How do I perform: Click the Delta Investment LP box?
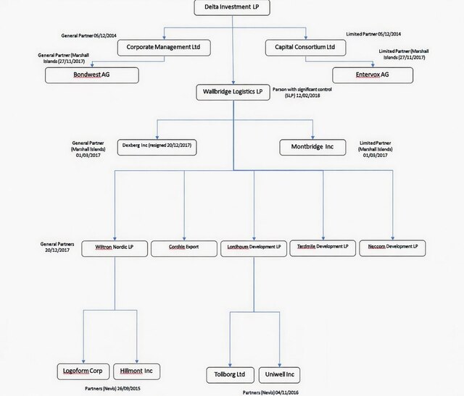pyautogui.click(x=232, y=7)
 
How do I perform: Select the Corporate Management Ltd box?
pyautogui.click(x=164, y=48)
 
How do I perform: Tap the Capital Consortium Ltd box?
pyautogui.click(x=305, y=48)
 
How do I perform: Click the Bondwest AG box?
pyautogui.click(x=92, y=75)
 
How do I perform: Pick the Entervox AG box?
pyautogui.click(x=373, y=75)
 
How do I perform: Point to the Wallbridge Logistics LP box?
pyautogui.click(x=233, y=92)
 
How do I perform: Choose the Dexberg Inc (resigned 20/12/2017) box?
pyautogui.click(x=157, y=147)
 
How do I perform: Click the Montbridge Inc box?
pyautogui.click(x=312, y=147)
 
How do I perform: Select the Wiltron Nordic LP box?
pyautogui.click(x=115, y=248)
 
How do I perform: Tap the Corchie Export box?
pyautogui.click(x=184, y=248)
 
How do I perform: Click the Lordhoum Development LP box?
pyautogui.click(x=254, y=248)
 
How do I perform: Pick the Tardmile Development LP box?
pyautogui.click(x=323, y=248)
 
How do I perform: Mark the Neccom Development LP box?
pyautogui.click(x=392, y=248)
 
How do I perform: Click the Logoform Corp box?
pyautogui.click(x=83, y=371)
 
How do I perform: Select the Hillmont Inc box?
pyautogui.click(x=137, y=371)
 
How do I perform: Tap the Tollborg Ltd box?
pyautogui.click(x=230, y=375)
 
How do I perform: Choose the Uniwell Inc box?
pyautogui.click(x=279, y=375)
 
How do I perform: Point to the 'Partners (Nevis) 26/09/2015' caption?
pyautogui.click(x=113, y=388)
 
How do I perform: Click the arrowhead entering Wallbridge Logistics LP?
pyautogui.click(x=233, y=83)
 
